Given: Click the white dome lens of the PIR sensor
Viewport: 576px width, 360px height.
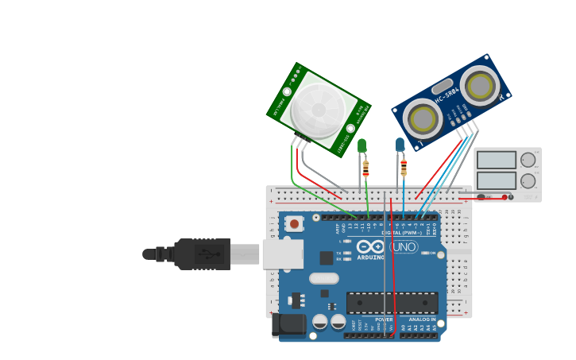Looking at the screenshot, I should point(318,110).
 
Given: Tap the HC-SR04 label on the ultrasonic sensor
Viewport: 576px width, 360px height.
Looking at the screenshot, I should point(446,99).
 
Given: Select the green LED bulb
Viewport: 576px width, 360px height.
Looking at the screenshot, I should point(362,145).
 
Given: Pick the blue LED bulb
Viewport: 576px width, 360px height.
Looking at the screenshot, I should point(400,145).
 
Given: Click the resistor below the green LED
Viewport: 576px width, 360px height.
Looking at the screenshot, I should point(365,168).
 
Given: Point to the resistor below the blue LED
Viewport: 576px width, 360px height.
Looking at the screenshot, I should point(404,168).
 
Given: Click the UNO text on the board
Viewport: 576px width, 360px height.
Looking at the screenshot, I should point(404,247).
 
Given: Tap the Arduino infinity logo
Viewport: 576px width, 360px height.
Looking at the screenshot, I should point(371,247).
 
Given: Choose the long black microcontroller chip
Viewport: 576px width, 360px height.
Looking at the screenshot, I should point(392,303).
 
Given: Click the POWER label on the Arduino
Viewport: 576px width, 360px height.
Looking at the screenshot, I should point(383,319).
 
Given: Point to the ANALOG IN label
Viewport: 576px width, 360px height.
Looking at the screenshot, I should point(421,319).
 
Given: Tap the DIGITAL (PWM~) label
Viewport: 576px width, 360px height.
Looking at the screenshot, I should point(402,233).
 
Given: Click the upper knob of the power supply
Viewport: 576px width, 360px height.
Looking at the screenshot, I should point(528,160).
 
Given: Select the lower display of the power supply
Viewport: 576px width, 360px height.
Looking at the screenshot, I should point(497,180).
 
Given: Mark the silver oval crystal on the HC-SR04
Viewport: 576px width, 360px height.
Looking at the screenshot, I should point(443,85).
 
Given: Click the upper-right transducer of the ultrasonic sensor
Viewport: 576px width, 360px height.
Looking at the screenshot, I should point(480,86).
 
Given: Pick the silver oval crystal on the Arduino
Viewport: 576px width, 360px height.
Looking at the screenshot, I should point(324,278).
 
